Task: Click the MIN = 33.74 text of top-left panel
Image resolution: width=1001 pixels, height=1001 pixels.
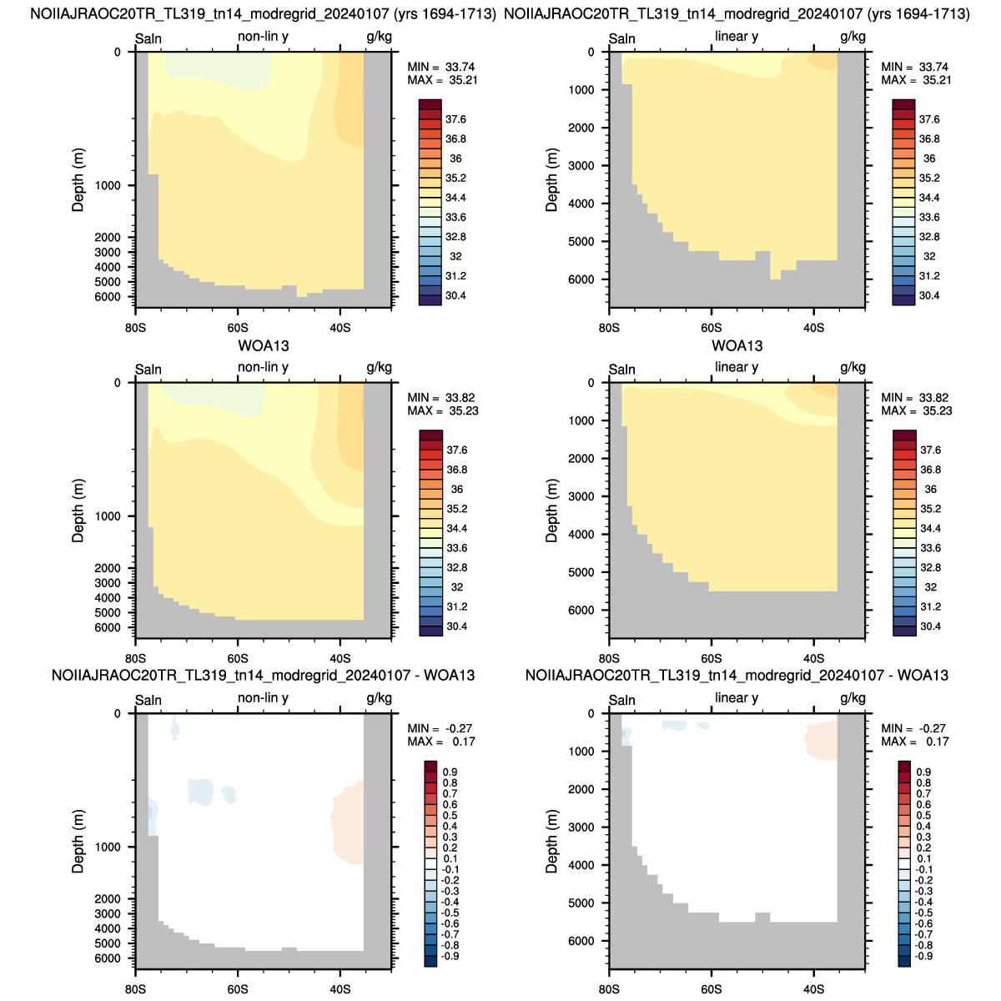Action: click(x=440, y=67)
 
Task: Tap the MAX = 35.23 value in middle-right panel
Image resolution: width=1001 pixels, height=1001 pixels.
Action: click(x=916, y=411)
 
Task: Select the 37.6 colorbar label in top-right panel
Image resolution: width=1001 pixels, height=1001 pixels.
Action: click(x=928, y=119)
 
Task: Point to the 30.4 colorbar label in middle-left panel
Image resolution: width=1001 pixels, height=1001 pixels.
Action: click(x=456, y=626)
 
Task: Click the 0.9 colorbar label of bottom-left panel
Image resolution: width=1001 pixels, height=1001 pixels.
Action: click(x=450, y=772)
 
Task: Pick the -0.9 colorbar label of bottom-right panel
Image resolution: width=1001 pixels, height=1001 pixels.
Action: click(x=922, y=956)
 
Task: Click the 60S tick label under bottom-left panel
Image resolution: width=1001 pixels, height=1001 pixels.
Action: click(x=238, y=989)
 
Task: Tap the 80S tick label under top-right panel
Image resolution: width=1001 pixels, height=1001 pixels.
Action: click(x=609, y=329)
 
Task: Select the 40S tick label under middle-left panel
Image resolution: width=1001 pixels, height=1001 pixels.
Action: click(x=340, y=659)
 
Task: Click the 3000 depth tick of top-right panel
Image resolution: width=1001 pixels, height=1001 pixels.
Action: click(x=581, y=166)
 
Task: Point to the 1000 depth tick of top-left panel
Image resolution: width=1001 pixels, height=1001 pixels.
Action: click(x=108, y=186)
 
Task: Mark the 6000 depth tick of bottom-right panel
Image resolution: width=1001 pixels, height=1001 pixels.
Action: click(x=581, y=941)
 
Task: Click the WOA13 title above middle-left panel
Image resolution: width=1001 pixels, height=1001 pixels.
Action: click(x=264, y=346)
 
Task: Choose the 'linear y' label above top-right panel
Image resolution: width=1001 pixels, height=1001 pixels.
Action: click(x=736, y=37)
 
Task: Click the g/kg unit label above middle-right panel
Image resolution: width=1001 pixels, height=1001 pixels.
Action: click(x=853, y=368)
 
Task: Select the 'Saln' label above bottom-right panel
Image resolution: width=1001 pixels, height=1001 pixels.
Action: click(x=621, y=701)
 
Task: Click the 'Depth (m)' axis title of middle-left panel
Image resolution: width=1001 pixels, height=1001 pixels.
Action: click(x=78, y=511)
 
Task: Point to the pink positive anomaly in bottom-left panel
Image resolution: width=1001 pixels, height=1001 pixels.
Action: click(x=347, y=822)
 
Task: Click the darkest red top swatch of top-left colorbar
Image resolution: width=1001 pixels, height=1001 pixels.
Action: click(x=430, y=104)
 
